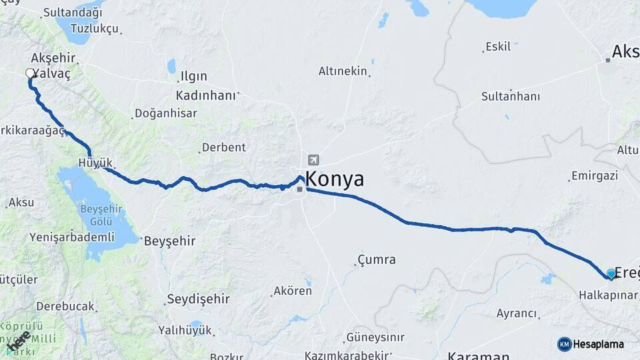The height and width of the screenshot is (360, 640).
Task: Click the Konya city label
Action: coord(335,179)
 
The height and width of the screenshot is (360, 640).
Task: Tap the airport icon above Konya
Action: coord(313,160)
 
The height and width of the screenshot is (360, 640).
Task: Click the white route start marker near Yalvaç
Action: coord(30,73)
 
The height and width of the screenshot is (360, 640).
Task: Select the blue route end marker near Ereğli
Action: coord(611,273)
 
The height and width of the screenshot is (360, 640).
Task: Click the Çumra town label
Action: coord(377,259)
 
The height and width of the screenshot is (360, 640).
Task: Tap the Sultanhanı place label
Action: coord(511,97)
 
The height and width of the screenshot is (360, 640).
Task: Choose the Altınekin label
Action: coord(343,71)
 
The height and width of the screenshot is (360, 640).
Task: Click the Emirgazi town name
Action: coord(595,176)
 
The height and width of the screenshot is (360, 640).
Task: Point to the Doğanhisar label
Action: coord(165,113)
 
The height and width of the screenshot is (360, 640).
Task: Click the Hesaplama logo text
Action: coord(599,344)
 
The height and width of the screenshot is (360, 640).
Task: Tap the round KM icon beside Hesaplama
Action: coord(564,344)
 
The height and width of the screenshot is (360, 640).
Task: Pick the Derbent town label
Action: coord(223,147)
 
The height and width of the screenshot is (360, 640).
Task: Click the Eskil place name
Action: coord(499,47)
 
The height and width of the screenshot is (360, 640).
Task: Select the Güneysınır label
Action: coord(375,337)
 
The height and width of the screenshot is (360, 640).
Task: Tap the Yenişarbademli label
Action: coord(72,237)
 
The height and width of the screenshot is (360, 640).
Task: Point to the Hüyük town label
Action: coord(95,163)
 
